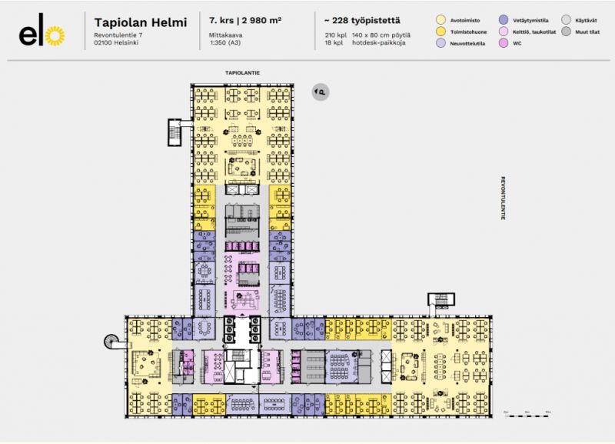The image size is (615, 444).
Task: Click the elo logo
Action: tap(42, 34)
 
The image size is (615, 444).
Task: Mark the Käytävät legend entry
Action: tap(583, 19)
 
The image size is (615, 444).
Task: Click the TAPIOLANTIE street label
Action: tap(241, 73)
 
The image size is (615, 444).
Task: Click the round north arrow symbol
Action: tap(320, 92)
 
